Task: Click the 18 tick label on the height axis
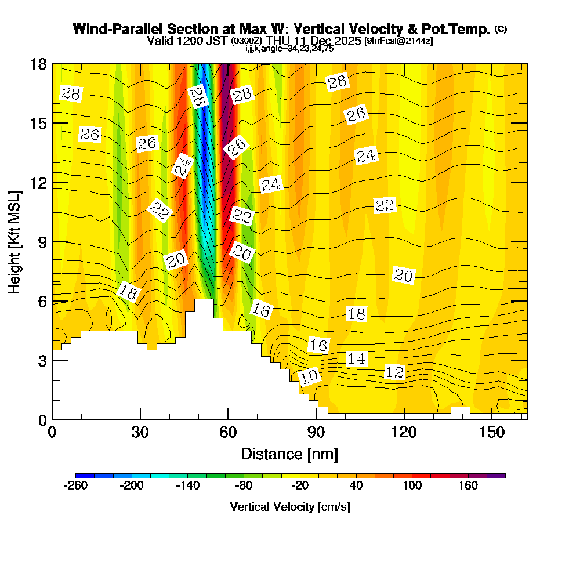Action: click(38, 64)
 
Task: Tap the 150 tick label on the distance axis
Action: click(491, 433)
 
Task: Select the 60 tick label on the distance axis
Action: click(228, 433)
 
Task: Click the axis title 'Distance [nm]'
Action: click(289, 454)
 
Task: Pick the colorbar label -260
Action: click(75, 485)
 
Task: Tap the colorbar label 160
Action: click(468, 485)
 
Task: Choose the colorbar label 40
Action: click(356, 485)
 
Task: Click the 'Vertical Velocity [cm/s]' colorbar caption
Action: click(290, 507)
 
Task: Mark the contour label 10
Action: click(309, 376)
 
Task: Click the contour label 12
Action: click(394, 372)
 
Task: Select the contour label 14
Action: click(356, 358)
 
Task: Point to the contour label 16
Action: click(318, 346)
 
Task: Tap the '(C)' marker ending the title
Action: click(501, 28)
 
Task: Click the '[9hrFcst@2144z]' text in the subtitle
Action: click(398, 41)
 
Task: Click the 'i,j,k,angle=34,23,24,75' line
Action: click(289, 49)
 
